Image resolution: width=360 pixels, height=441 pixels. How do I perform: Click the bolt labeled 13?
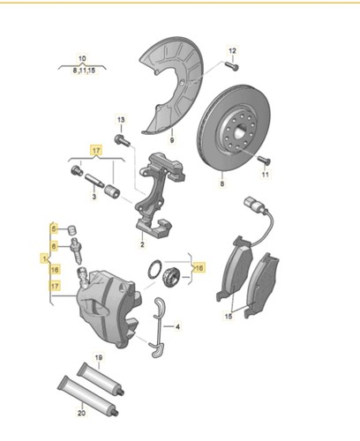click(122, 138)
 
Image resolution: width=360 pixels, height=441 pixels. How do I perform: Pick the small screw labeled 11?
click(263, 160)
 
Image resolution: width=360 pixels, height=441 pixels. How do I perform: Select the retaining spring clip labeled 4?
click(160, 325)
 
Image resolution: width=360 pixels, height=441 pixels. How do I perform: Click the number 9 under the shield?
click(172, 140)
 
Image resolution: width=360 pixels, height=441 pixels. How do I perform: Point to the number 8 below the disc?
click(222, 185)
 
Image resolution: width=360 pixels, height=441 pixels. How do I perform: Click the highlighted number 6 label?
click(54, 246)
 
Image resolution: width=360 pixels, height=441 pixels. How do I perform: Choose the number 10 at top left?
click(82, 56)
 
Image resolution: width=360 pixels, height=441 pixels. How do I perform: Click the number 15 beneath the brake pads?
click(229, 315)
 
